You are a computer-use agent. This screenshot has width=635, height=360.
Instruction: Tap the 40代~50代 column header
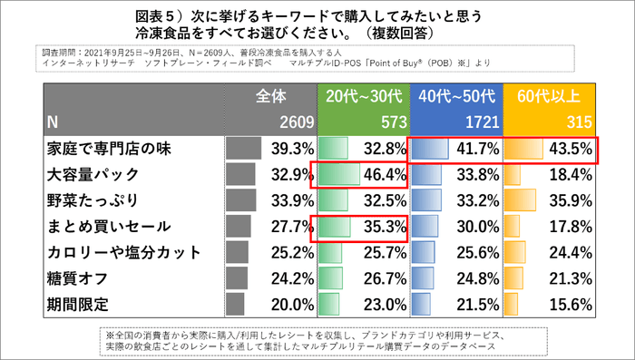(455, 96)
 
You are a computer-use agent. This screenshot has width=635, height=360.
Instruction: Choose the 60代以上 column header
(551, 96)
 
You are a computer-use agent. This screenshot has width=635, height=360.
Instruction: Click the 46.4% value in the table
(381, 174)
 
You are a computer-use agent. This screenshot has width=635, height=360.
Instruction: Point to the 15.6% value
(571, 302)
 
